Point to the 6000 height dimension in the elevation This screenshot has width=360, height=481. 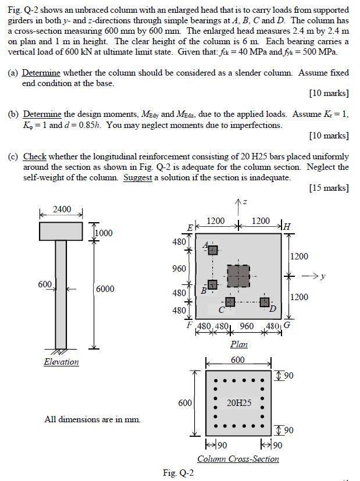[x=105, y=289]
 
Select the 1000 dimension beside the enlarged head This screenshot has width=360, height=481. [x=104, y=233]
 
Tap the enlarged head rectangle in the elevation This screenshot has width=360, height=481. [x=61, y=231]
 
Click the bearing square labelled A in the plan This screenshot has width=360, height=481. [x=213, y=250]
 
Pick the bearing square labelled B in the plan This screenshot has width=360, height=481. [x=213, y=284]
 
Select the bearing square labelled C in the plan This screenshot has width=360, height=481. [x=230, y=302]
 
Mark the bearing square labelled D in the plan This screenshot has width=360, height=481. [x=265, y=302]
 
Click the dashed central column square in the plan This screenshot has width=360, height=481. [x=238, y=276]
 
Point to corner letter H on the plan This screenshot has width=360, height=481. [x=287, y=226]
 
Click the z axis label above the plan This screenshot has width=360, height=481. [x=245, y=202]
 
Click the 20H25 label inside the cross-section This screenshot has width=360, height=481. [x=239, y=402]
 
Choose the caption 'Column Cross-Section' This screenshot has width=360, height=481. [x=238, y=459]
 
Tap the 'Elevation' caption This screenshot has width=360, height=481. [x=61, y=362]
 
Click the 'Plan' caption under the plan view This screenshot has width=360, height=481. [x=238, y=344]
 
